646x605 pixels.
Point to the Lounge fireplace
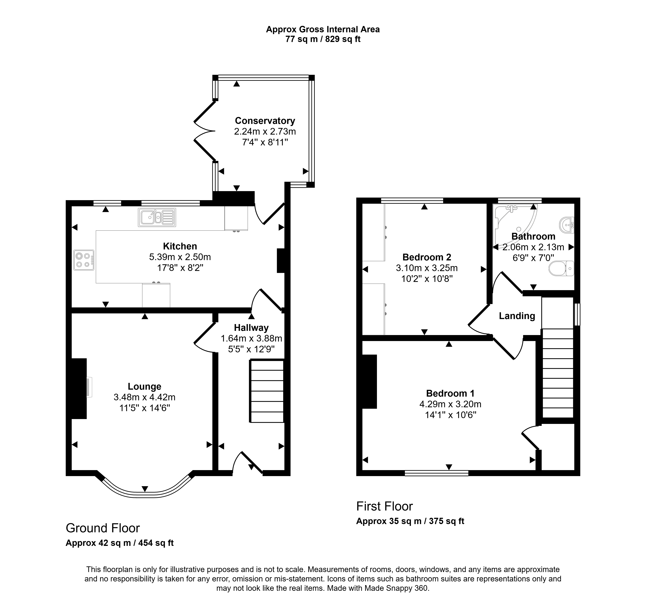click(x=79, y=389)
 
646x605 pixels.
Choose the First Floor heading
click(x=384, y=506)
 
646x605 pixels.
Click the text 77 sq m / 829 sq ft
click(x=323, y=39)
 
